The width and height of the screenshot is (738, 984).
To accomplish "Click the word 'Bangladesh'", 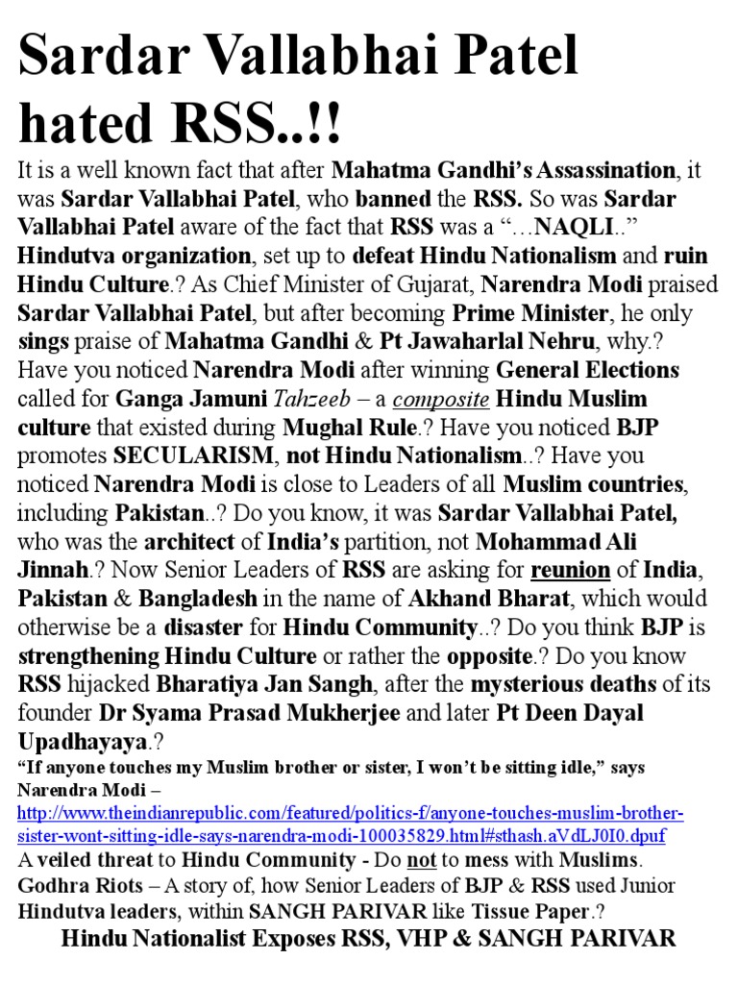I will point(197,598).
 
